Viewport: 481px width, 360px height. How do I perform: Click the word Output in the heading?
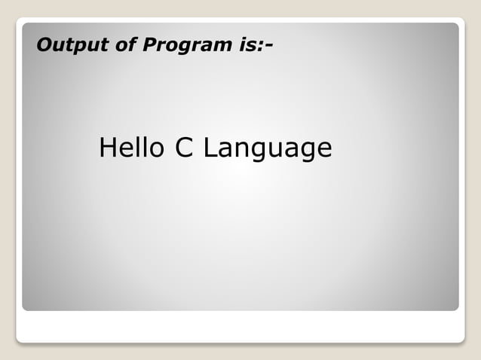pyautogui.click(x=67, y=46)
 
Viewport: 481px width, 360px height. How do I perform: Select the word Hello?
pyautogui.click(x=131, y=148)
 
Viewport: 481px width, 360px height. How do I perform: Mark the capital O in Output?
pyautogui.click(x=44, y=46)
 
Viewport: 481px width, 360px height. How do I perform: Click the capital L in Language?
pyautogui.click(x=210, y=148)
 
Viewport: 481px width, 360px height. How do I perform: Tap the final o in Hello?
pyautogui.click(x=155, y=150)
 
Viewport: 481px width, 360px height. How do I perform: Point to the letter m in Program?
pyautogui.click(x=219, y=47)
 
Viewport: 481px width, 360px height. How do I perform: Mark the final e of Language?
pyautogui.click(x=323, y=150)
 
